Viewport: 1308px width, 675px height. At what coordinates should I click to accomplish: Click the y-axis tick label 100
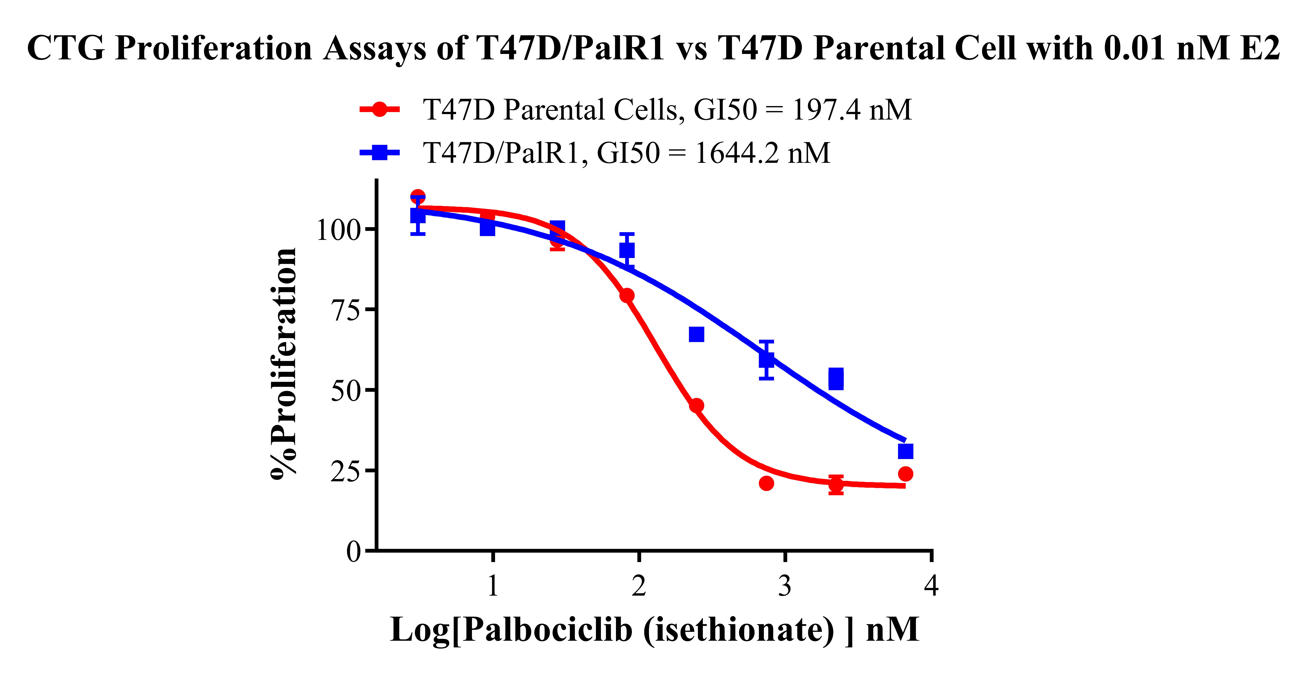click(x=338, y=230)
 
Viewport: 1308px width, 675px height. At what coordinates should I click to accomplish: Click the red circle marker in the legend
click(x=379, y=109)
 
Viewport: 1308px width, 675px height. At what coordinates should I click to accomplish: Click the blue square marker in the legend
click(x=379, y=152)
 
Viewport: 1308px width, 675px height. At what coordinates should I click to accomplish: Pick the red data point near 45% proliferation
click(x=697, y=405)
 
